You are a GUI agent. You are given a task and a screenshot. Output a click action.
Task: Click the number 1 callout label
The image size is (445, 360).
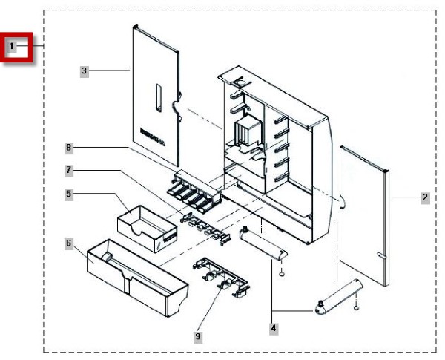coord(12,47)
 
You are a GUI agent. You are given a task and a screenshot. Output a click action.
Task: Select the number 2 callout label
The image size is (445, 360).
coord(424,198)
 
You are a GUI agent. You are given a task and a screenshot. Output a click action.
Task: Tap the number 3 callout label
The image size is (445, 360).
coord(85,71)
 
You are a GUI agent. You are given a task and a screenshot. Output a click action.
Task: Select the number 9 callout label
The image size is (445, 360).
coord(197,336)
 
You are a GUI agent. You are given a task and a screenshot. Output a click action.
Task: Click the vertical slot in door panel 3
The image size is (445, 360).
coord(158,98)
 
